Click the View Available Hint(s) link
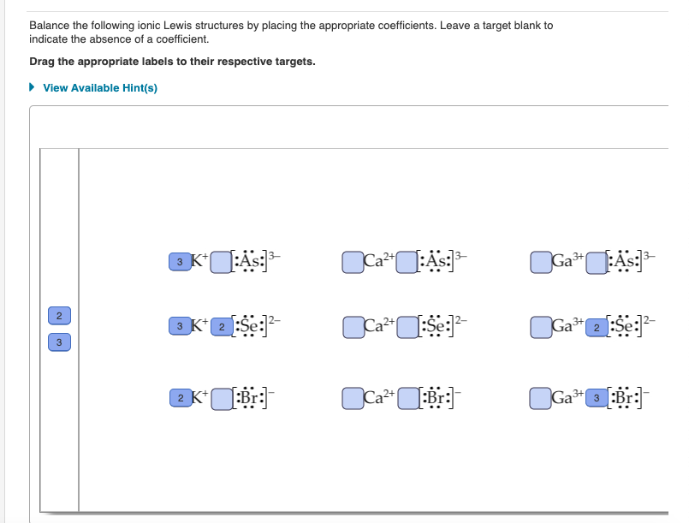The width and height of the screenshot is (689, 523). [99, 88]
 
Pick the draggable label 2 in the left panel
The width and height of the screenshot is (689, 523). [58, 316]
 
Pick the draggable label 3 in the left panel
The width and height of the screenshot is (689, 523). [58, 342]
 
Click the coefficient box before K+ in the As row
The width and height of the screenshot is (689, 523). [179, 260]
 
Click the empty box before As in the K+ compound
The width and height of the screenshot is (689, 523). [221, 260]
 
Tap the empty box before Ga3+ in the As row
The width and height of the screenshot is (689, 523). [541, 260]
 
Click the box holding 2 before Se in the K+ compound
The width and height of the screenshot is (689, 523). [221, 327]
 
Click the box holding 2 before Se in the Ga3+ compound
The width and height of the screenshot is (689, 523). [596, 327]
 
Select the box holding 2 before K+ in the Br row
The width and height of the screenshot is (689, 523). [179, 398]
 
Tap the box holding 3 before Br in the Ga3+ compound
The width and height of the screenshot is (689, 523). [596, 398]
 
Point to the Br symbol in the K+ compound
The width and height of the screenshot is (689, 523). [248, 399]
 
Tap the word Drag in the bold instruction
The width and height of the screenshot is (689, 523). [43, 62]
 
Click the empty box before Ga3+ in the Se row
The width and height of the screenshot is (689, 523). [541, 327]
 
